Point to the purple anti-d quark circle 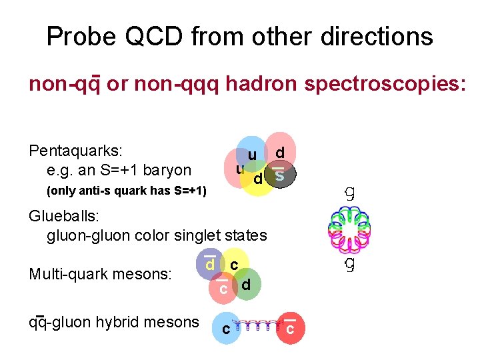coord(209,265)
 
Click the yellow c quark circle coord(234,264)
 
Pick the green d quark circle coord(247,285)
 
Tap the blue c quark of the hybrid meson coord(227,329)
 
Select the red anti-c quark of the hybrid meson coord(290,329)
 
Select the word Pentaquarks coord(70,151)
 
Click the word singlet coord(186,235)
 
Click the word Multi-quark coord(69,275)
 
